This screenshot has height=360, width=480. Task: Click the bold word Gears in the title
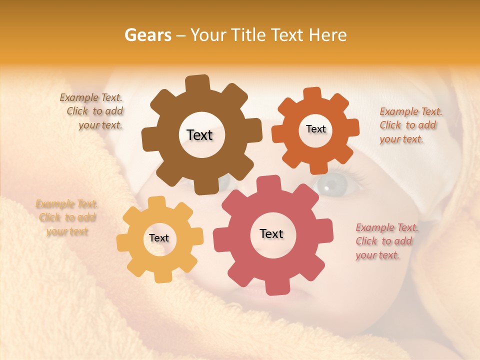point(147,35)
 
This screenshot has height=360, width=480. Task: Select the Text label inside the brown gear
point(199,135)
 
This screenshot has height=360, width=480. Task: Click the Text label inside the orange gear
point(315,129)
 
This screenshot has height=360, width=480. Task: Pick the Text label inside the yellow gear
point(159,238)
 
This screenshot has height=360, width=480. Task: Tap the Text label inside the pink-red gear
point(271,234)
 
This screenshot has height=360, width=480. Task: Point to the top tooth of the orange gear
point(312,95)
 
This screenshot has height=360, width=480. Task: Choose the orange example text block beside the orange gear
point(410,125)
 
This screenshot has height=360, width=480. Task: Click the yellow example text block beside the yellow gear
point(66,217)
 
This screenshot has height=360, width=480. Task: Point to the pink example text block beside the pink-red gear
point(386,241)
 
